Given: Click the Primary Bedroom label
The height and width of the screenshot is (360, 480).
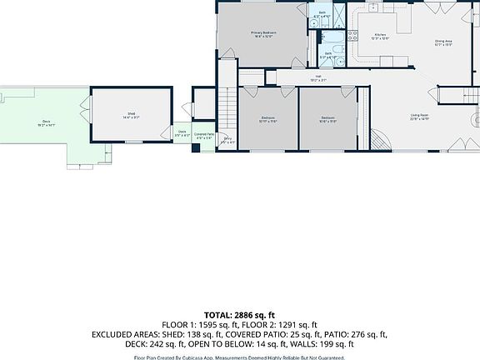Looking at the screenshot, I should coord(264,34).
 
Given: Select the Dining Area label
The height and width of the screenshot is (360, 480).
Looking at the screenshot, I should coord(442,42).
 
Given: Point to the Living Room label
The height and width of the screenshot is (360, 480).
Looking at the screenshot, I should coord(419,117).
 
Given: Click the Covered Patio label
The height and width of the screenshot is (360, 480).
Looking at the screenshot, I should coord(204,136).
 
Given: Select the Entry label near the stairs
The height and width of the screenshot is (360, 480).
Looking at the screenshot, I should coord(227,141).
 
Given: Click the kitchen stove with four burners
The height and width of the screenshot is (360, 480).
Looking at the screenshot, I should coord(352,35).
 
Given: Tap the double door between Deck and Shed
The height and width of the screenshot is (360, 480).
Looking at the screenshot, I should coord(83,107).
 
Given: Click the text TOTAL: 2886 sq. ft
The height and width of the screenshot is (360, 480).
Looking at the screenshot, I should coord(240,315).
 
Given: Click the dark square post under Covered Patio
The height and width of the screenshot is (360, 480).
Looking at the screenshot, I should coord(195,148).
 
